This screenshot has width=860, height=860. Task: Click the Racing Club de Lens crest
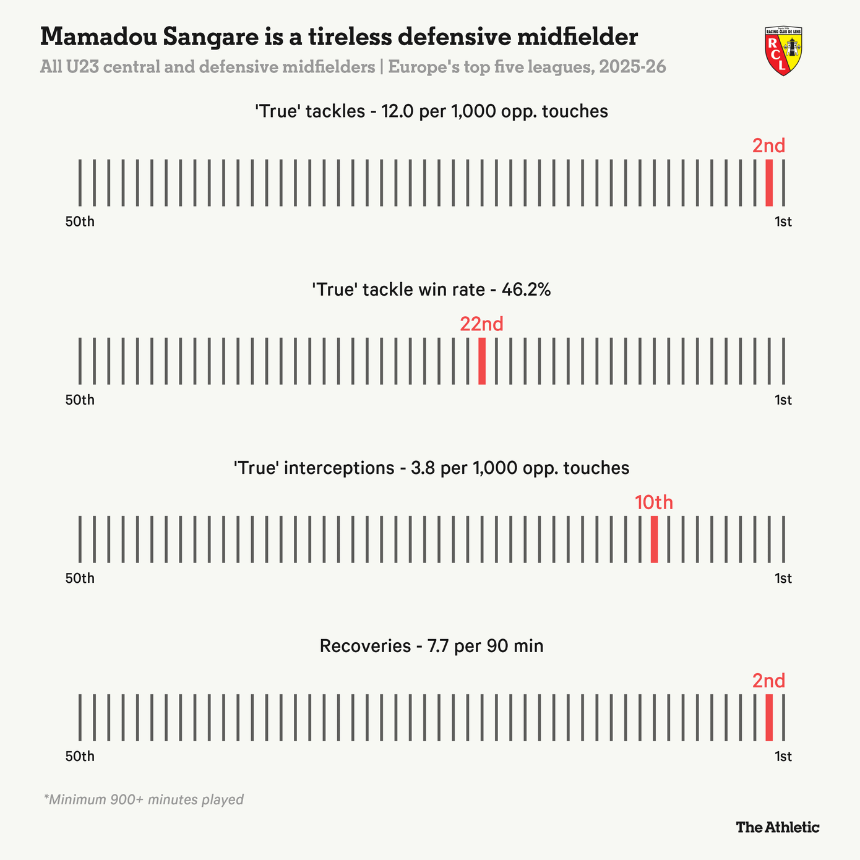(783, 51)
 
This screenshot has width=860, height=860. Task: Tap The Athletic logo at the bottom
(777, 827)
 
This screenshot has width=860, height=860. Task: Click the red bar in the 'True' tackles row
(769, 183)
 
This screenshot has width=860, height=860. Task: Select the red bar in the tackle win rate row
(482, 361)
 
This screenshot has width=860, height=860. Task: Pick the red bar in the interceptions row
(654, 539)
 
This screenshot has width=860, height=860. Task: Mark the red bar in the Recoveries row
(769, 717)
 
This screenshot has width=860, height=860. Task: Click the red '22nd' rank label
(481, 324)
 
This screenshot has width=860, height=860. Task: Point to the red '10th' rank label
(654, 502)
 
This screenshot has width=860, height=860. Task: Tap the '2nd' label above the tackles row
(768, 146)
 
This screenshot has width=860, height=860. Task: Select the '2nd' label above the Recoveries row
(768, 681)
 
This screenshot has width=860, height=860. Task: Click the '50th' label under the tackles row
(80, 221)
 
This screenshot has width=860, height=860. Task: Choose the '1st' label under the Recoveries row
(783, 756)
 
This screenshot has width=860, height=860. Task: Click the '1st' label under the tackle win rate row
(783, 400)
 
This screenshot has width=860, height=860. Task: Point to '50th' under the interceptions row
(80, 578)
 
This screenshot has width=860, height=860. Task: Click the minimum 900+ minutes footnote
(144, 799)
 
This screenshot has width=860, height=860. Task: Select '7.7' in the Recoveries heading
(439, 646)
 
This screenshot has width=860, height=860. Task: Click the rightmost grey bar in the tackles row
(783, 183)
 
